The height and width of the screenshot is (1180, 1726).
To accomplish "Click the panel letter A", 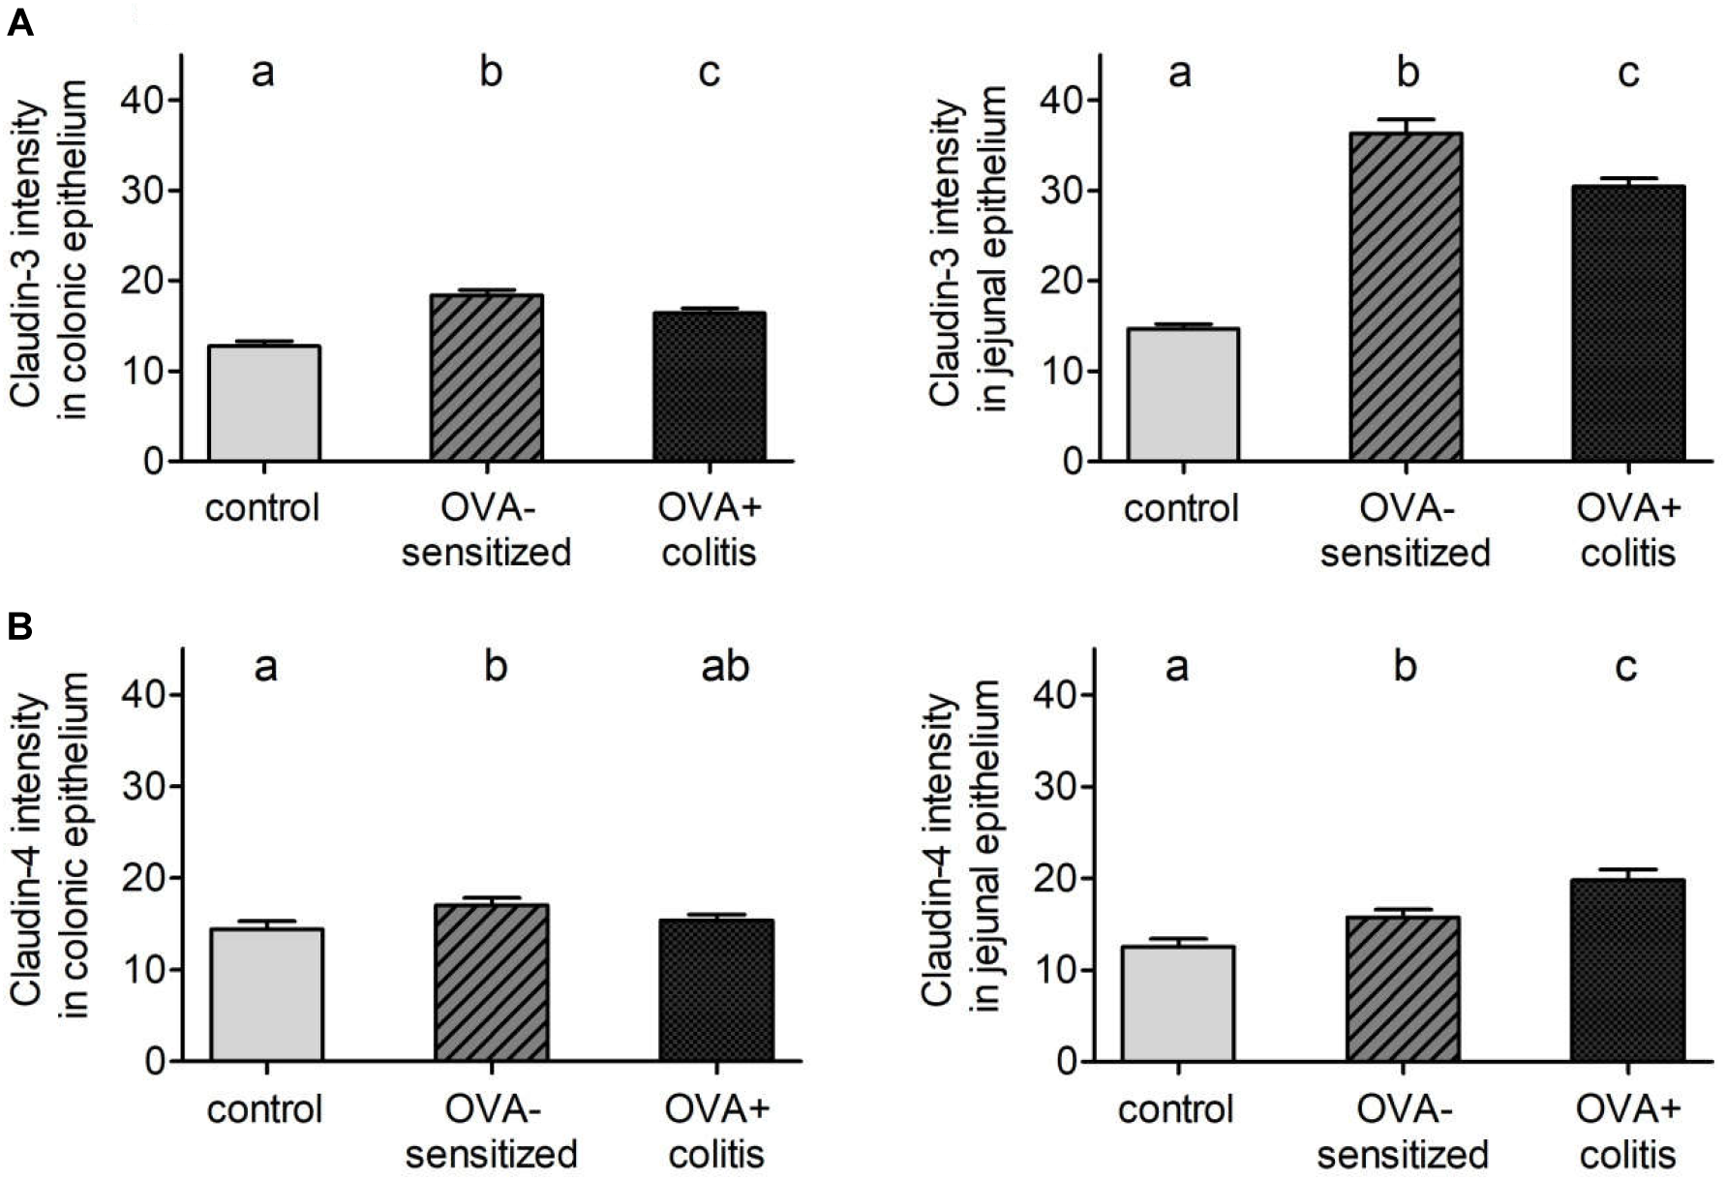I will click(x=20, y=22).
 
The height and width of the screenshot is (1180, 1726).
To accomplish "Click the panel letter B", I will click(x=20, y=627).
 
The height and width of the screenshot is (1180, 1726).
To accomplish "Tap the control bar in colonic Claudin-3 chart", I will click(x=264, y=403).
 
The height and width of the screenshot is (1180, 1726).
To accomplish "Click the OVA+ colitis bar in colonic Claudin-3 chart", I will click(x=710, y=386).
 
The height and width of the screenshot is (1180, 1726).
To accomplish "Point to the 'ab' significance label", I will click(x=724, y=667).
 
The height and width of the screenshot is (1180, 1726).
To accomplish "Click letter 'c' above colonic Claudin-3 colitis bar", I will click(x=710, y=74).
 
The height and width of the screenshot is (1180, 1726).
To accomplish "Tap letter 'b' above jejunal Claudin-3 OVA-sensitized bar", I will click(x=1408, y=74).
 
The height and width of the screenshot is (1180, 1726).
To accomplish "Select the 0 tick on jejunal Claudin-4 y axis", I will click(x=1070, y=1061).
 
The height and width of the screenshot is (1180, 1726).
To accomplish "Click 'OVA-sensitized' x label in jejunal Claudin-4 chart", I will click(x=1404, y=1132).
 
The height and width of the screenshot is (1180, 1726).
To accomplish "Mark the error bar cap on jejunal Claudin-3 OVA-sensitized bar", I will click(x=1406, y=119).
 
